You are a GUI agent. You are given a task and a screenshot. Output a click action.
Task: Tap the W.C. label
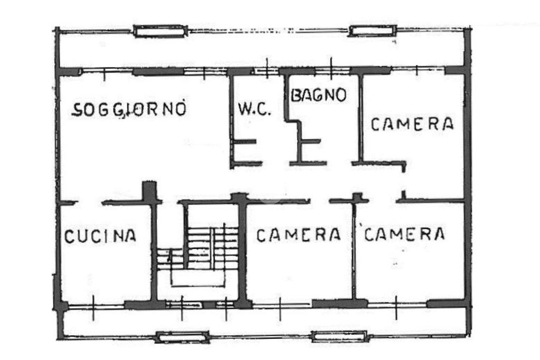pyautogui.click(x=254, y=110)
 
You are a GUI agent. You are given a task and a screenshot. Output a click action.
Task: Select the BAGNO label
pyautogui.click(x=319, y=95)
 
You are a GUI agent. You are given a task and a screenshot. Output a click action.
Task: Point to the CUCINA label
pyautogui.click(x=100, y=236)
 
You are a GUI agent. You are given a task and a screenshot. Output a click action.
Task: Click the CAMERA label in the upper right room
pyautogui.click(x=412, y=124)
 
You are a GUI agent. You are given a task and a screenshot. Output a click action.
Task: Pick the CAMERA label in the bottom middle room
pyautogui.click(x=298, y=235)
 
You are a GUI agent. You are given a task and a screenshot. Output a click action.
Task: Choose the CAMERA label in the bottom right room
pyautogui.click(x=404, y=233)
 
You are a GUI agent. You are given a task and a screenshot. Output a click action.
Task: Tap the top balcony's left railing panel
pyautogui.click(x=160, y=32)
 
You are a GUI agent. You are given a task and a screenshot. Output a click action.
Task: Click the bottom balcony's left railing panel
pyautogui.click(x=182, y=337)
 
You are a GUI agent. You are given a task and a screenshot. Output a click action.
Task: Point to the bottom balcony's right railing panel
pyautogui.click(x=339, y=336)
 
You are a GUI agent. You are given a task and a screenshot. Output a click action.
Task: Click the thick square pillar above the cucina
pyautogui.click(x=150, y=191)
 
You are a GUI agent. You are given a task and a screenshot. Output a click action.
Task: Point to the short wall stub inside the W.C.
pyautogui.click(x=245, y=142)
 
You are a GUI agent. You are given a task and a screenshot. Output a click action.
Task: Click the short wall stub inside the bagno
pyautogui.click(x=310, y=141)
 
